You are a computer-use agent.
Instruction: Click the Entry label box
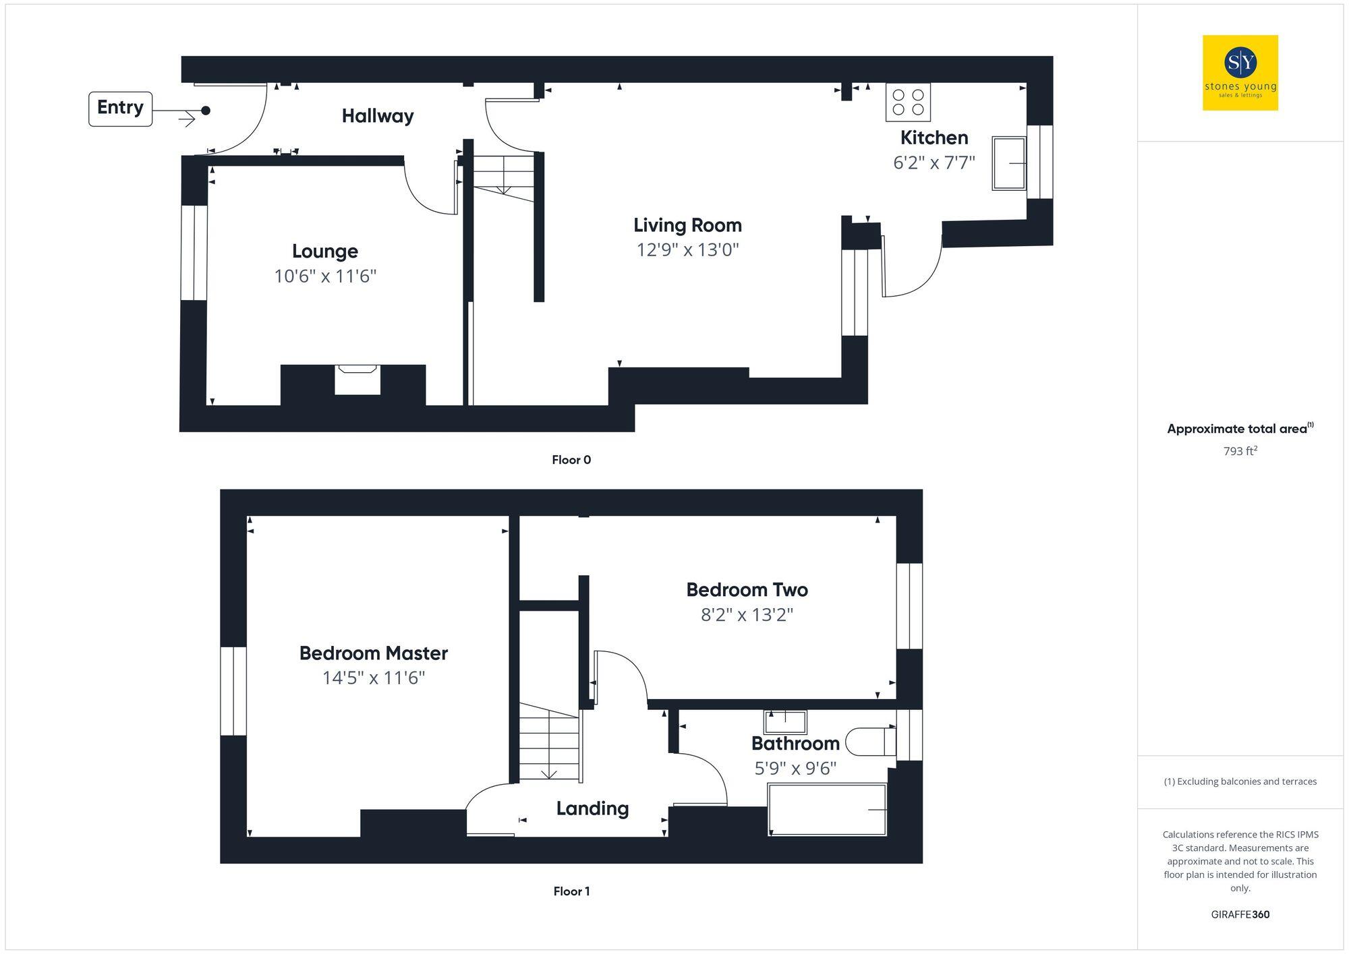coord(120,109)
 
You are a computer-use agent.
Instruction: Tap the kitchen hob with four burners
coord(908,102)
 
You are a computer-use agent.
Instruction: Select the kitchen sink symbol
coord(1009,163)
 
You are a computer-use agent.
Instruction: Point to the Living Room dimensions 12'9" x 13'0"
coord(687,250)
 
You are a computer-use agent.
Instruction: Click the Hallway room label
coord(378,116)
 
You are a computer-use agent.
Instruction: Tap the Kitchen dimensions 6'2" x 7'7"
coord(934,162)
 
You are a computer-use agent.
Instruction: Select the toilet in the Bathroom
coord(870,742)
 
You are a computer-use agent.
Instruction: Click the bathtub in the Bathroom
coord(827,810)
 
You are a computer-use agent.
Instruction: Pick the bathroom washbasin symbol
coord(785,722)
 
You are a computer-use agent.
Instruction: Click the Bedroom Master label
coord(374,653)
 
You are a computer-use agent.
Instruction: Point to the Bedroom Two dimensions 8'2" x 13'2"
coord(747,615)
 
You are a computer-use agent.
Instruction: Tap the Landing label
coord(592,808)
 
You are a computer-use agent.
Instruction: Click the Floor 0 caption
coord(571,460)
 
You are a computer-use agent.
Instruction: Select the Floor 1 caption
coord(571,891)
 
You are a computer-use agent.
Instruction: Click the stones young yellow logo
coord(1240,73)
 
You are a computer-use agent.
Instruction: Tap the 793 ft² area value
coord(1240,451)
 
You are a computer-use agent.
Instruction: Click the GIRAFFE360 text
coord(1240,915)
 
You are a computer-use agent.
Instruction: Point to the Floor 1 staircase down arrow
coord(549,774)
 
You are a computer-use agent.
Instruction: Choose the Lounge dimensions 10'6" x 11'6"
coord(325,276)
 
